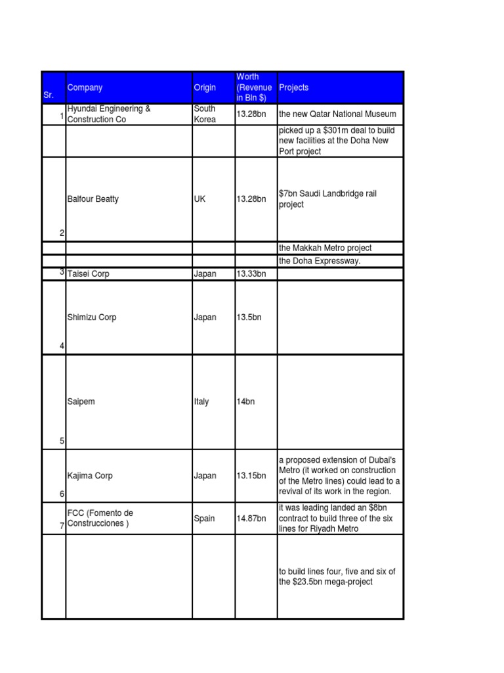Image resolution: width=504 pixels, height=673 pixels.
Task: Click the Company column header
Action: click(x=85, y=87)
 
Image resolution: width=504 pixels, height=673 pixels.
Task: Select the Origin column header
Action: click(x=205, y=87)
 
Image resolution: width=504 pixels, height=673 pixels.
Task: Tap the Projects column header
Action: click(x=294, y=87)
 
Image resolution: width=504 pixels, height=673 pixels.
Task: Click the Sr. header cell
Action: click(x=49, y=95)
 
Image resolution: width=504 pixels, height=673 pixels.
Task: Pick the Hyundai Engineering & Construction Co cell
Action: click(x=109, y=114)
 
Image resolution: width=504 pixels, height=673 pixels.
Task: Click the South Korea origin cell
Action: click(x=205, y=114)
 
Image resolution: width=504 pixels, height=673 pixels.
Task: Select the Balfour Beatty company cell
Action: click(x=93, y=199)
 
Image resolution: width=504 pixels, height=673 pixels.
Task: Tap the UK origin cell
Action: click(x=199, y=199)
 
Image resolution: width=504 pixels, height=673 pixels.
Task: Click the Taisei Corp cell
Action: click(x=89, y=274)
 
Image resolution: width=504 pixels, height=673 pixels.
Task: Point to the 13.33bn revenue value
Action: click(x=251, y=274)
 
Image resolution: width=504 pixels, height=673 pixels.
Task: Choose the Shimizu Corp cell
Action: click(x=92, y=317)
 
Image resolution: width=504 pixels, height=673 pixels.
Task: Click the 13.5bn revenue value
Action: click(x=249, y=317)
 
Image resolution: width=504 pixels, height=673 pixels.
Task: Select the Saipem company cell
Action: click(x=81, y=402)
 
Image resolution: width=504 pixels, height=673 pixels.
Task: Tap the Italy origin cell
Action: click(x=201, y=402)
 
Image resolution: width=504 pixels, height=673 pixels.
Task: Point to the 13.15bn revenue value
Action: click(x=251, y=476)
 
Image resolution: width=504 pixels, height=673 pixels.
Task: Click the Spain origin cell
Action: click(x=204, y=519)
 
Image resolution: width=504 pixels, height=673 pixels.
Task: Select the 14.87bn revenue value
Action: click(x=251, y=519)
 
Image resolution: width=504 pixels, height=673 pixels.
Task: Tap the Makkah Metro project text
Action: click(x=325, y=248)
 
